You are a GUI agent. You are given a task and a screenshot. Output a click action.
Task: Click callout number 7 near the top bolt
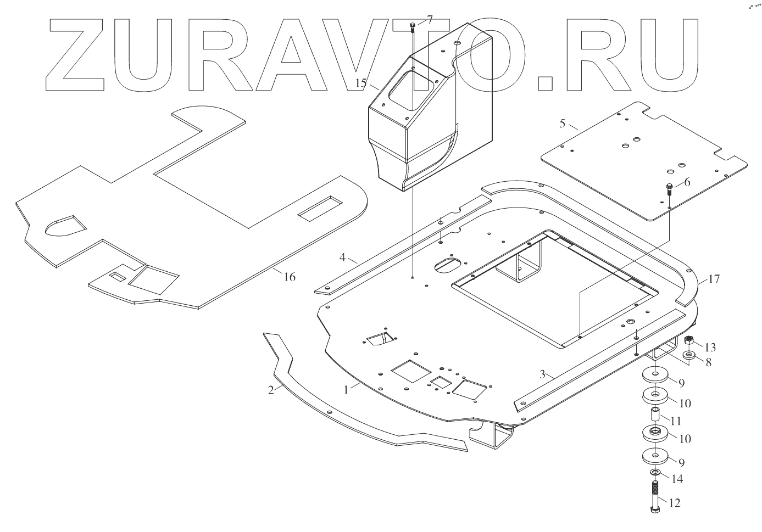(x=429, y=20)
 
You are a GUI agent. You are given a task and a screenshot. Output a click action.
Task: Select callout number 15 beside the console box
(x=360, y=83)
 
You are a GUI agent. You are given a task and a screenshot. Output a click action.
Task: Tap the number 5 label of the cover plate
(x=562, y=123)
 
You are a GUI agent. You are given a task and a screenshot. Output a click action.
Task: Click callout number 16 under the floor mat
(x=289, y=277)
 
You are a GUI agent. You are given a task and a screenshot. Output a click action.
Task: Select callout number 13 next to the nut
(x=710, y=347)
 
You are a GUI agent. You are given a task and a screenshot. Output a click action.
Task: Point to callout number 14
(x=677, y=479)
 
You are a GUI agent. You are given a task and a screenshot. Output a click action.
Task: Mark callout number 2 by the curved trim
(x=270, y=390)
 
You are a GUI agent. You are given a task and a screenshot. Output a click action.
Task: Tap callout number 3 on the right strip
(x=542, y=375)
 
